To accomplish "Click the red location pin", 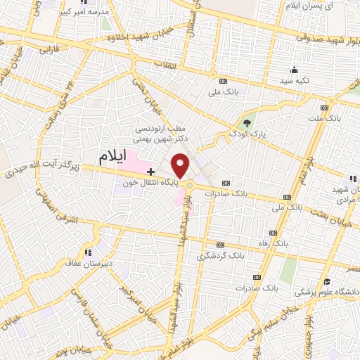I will [x=181, y=166].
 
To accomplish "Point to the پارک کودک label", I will [x=245, y=132].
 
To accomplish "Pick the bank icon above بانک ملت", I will [x=324, y=108].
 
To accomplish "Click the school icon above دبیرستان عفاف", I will [x=88, y=252].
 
